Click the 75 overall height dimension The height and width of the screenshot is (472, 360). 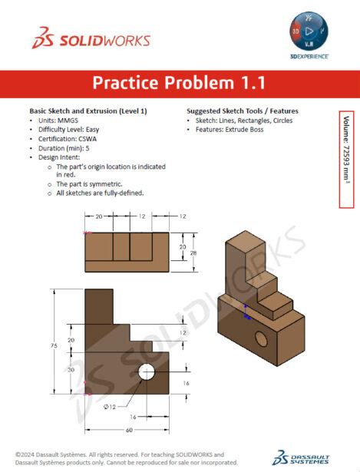[54, 346]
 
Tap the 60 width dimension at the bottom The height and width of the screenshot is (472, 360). [128, 431]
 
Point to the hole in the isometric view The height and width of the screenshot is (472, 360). [261, 338]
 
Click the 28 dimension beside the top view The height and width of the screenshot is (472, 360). [193, 253]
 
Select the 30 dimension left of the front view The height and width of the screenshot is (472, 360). [71, 370]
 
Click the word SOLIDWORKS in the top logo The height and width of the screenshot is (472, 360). [101, 41]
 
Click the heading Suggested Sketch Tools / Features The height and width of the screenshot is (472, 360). [243, 111]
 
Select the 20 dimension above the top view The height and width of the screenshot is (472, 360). [99, 217]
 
